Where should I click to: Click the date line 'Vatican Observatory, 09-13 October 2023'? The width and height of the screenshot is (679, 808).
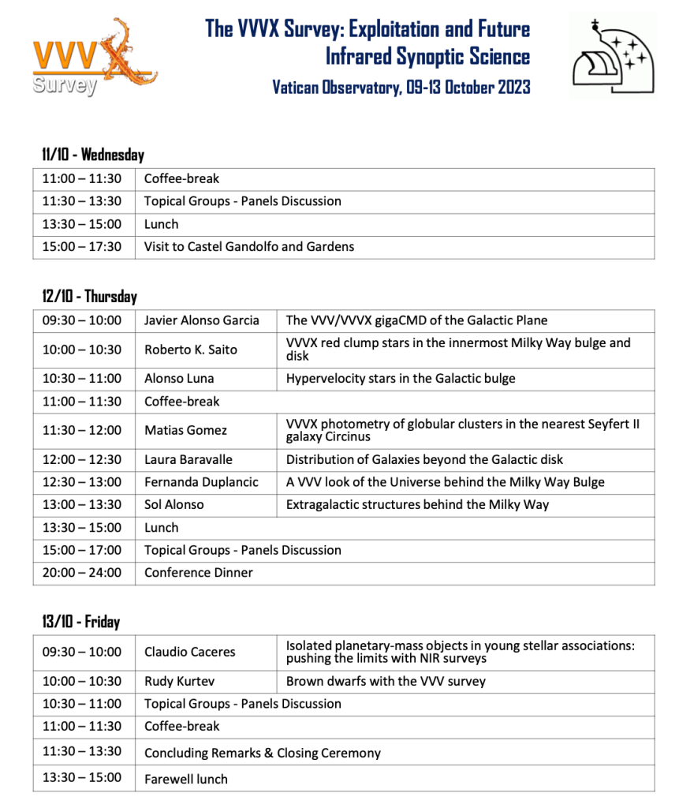pyautogui.click(x=401, y=87)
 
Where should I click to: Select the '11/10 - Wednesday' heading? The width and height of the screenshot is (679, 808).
pyautogui.click(x=93, y=155)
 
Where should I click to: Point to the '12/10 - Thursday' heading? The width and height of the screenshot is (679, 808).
pyautogui.click(x=89, y=297)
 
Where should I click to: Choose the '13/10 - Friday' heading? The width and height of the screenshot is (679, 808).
pyautogui.click(x=80, y=622)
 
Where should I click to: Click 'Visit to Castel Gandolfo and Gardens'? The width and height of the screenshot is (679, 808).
pyautogui.click(x=249, y=247)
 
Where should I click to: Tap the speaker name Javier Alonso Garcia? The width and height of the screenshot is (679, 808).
pyautogui.click(x=202, y=320)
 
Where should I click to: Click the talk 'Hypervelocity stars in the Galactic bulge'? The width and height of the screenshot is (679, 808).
pyautogui.click(x=401, y=379)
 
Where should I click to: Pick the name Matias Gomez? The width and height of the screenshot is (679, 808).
pyautogui.click(x=185, y=430)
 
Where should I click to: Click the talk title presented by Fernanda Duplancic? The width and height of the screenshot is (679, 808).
pyautogui.click(x=445, y=482)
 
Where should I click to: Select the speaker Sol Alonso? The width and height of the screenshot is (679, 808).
pyautogui.click(x=173, y=504)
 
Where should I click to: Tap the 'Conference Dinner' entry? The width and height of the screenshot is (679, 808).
pyautogui.click(x=199, y=573)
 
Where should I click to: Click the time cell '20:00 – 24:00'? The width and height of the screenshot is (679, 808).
pyautogui.click(x=82, y=573)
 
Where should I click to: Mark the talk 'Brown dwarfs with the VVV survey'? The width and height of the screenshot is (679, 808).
pyautogui.click(x=386, y=681)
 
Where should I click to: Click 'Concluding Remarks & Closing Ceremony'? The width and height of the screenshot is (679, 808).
pyautogui.click(x=263, y=753)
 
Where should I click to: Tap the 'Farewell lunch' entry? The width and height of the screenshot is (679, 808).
pyautogui.click(x=186, y=779)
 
